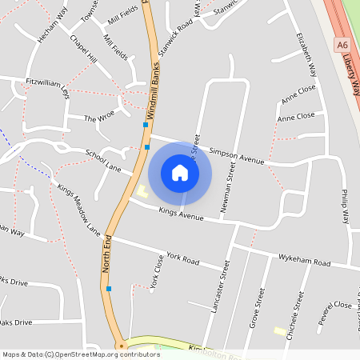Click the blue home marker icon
point(180,173)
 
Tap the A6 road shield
point(342,46)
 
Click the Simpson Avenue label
point(236,155)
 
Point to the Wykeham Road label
point(304,262)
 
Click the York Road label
point(182,259)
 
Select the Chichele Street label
point(296,315)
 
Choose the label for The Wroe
point(100,118)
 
